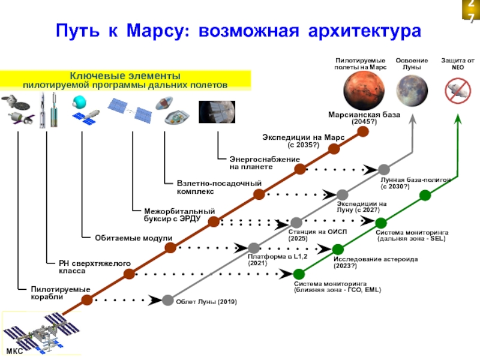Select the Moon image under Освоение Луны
pos(413,94)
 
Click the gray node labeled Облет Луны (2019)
pos(168,300)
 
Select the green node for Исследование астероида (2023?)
pos(338,249)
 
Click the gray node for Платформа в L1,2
pos(254,248)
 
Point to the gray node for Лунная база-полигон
pos(384,170)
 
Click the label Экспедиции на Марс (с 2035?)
pos(303,141)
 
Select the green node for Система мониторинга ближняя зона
pos(298,274)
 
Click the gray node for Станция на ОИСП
pos(296,223)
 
